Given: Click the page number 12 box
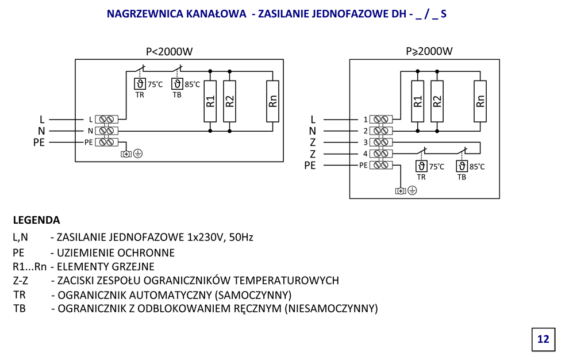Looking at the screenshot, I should pyautogui.click(x=543, y=339).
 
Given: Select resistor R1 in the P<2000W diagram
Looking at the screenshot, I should pyautogui.click(x=210, y=101).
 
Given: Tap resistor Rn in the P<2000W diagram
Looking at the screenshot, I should pyautogui.click(x=273, y=101).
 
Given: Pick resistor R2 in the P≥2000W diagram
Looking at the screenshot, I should pyautogui.click(x=437, y=101).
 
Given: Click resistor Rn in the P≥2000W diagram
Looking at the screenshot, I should pyautogui.click(x=481, y=101).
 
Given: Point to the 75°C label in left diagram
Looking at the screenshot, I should pyautogui.click(x=155, y=85).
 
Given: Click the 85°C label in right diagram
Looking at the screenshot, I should pyautogui.click(x=477, y=167).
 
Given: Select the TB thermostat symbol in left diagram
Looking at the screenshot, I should pyautogui.click(x=176, y=84).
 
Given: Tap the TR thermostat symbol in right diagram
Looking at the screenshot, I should pyautogui.click(x=421, y=166).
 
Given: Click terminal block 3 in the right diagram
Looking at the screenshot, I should pyautogui.click(x=382, y=142).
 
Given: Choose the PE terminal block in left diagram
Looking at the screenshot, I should pyautogui.click(x=107, y=142).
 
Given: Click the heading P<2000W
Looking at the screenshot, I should pyautogui.click(x=169, y=52).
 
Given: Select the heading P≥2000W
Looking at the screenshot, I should pyautogui.click(x=429, y=52).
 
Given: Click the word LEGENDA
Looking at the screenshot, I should pyautogui.click(x=36, y=220).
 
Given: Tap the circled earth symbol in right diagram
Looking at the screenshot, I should pyautogui.click(x=412, y=190).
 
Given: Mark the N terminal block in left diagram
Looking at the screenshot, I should pyautogui.click(x=107, y=131).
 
